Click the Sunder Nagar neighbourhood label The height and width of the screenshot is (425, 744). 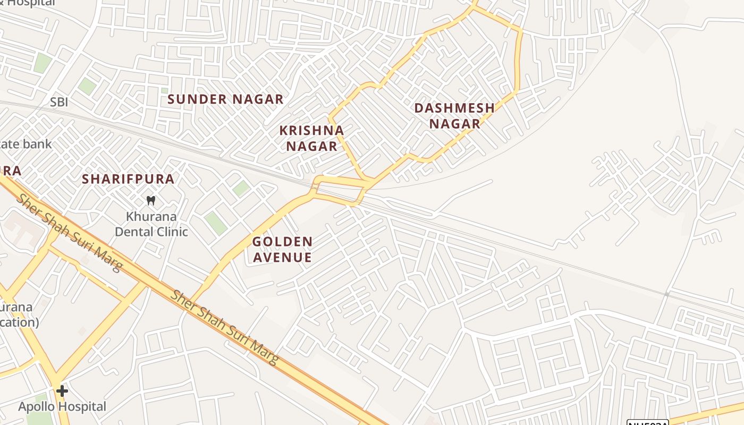pos(225,99)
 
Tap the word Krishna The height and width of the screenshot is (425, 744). pos(311,131)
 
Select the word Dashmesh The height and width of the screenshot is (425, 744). pos(454,108)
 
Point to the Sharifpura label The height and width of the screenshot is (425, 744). pos(128,179)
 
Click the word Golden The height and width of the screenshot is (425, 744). pos(282,242)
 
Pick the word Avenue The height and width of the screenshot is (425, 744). pos(282,258)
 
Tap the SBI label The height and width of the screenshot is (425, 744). pos(59,103)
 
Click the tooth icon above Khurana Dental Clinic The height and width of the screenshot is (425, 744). pos(151,201)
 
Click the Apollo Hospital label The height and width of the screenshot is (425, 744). pos(62,407)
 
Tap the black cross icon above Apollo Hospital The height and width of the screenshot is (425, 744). pos(62,392)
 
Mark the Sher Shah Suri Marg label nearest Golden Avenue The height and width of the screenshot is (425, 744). pos(224,328)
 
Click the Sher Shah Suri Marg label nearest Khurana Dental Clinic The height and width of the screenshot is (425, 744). pos(69,232)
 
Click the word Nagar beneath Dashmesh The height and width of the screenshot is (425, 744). pos(454,124)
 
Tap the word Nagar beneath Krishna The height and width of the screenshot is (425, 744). pos(311,147)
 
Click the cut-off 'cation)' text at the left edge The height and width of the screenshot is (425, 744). pos(19,322)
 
